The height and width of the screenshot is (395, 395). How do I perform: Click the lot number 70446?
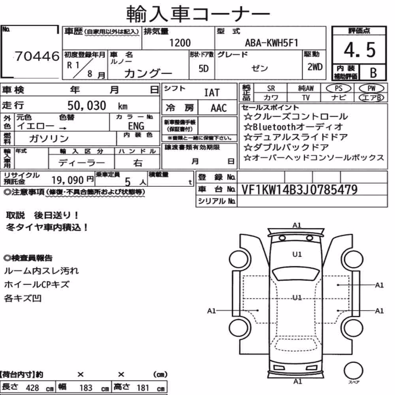point(37,56)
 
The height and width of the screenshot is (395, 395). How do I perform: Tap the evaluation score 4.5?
point(359,50)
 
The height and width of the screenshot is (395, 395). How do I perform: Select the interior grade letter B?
point(373,73)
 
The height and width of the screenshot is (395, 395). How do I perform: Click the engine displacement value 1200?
point(180,43)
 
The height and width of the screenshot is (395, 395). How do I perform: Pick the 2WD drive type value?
point(315,67)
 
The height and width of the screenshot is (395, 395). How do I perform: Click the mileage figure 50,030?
point(87,105)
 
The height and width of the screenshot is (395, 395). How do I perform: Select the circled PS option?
point(339,88)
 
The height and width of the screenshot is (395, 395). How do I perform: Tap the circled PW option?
point(371,88)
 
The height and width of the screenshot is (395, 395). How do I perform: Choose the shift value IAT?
point(212,93)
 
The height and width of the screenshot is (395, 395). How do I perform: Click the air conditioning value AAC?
point(219,108)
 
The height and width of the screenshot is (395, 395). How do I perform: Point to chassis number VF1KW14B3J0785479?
point(299,190)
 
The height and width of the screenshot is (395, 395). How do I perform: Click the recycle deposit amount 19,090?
point(68,180)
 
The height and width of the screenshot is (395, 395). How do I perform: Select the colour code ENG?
point(136,126)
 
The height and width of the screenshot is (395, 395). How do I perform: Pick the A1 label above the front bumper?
point(297,225)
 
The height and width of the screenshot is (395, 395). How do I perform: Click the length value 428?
point(32,387)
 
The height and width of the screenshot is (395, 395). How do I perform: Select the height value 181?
point(143,387)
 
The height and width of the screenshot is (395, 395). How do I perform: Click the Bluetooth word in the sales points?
point(275,127)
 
